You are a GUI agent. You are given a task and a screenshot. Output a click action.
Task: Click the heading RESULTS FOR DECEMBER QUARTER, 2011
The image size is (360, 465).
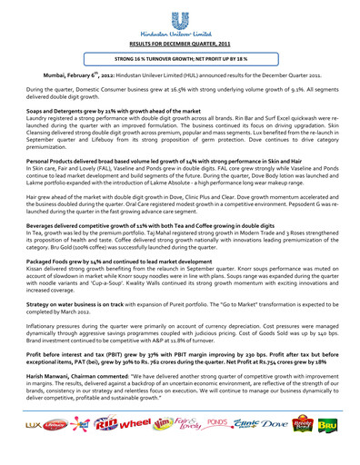(180, 43)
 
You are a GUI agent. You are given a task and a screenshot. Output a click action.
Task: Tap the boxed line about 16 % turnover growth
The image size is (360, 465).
(179, 58)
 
